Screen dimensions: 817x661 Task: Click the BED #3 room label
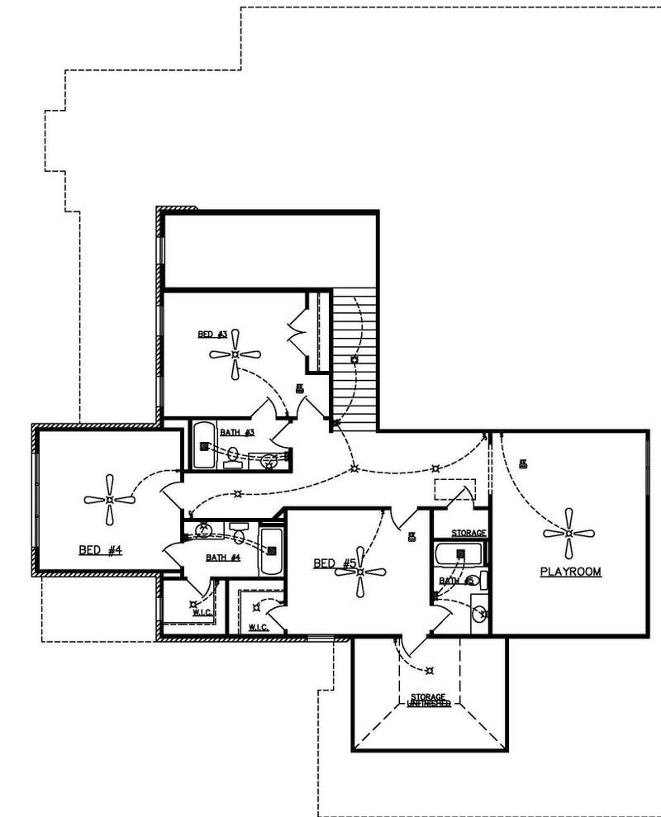[212, 335]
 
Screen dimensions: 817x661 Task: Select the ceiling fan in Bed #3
[235, 355]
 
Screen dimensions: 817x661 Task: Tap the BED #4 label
[101, 550]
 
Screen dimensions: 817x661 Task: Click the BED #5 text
[335, 563]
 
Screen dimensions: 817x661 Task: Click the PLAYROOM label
[570, 572]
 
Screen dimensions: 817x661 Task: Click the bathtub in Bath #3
[204, 446]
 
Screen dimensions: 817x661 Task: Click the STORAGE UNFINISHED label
[430, 701]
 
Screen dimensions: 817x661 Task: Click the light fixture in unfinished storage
[428, 669]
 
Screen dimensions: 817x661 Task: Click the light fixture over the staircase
[354, 361]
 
